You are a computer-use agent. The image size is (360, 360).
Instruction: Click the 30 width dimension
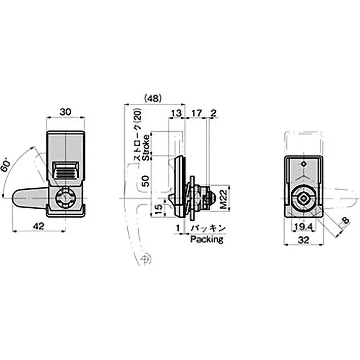(66, 112)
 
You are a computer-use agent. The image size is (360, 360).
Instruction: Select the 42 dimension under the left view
(38, 226)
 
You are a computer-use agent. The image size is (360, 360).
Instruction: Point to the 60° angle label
(6, 166)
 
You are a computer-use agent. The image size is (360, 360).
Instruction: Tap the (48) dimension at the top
(153, 99)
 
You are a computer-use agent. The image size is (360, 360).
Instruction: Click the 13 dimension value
(176, 113)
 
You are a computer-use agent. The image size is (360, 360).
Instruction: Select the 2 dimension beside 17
(213, 113)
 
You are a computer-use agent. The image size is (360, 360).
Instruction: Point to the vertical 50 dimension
(146, 181)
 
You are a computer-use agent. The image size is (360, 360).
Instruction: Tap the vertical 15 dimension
(159, 209)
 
